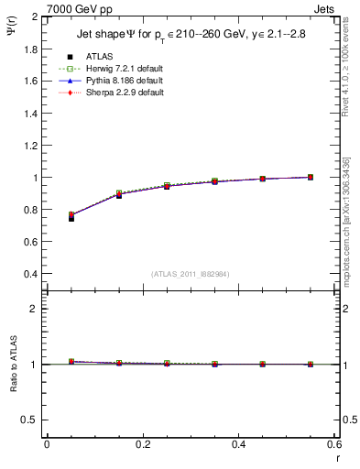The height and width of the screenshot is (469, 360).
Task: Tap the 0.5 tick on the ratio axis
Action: coord(30,420)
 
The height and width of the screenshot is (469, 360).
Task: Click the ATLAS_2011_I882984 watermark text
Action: coord(191,273)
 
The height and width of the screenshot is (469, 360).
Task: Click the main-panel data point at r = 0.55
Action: coord(311,177)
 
